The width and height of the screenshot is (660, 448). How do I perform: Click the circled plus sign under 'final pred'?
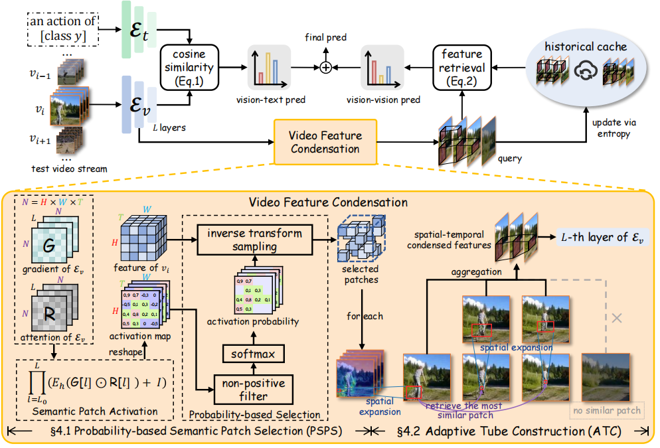(x=325, y=68)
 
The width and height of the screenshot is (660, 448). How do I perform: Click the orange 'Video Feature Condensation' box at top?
(x=325, y=141)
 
